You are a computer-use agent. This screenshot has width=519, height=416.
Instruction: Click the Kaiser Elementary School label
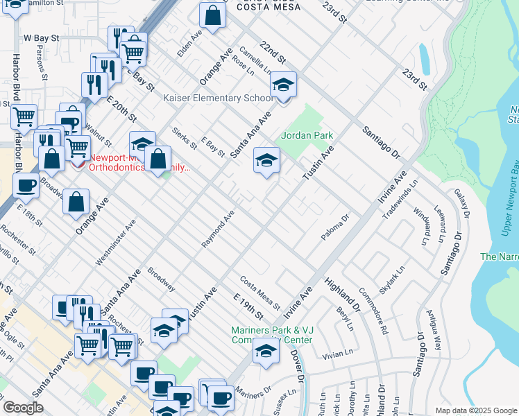(x=219, y=98)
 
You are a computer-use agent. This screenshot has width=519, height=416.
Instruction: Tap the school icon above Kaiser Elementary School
(x=283, y=85)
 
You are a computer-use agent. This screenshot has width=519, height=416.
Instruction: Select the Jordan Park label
(x=307, y=136)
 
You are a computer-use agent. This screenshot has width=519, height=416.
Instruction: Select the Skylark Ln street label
(x=391, y=281)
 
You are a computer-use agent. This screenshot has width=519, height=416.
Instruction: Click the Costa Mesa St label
(x=260, y=293)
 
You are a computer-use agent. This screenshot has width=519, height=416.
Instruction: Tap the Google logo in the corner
(x=24, y=408)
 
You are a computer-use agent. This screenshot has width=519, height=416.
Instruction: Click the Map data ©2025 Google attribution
(x=475, y=410)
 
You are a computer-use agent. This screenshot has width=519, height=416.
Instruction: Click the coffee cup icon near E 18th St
(x=26, y=185)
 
